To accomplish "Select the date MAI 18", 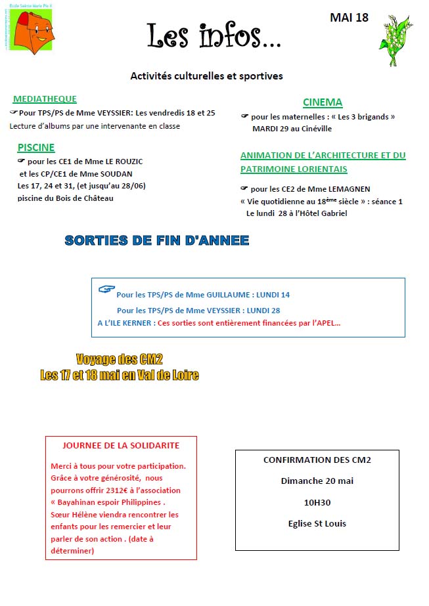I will pos(349,18).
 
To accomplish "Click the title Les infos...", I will pos(214,37).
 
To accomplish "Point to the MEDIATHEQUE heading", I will pos(45,99).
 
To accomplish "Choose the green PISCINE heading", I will pos(36,148).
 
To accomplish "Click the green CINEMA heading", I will pos(323,102).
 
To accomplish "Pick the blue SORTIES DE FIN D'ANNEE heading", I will pos(157,240).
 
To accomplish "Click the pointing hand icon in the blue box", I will pos(106,289).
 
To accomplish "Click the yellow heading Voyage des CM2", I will pos(119,359).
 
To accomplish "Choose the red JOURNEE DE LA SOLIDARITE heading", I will pos(121,445).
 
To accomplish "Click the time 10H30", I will pos(317,502).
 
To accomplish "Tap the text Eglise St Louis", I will pos(317,523).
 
